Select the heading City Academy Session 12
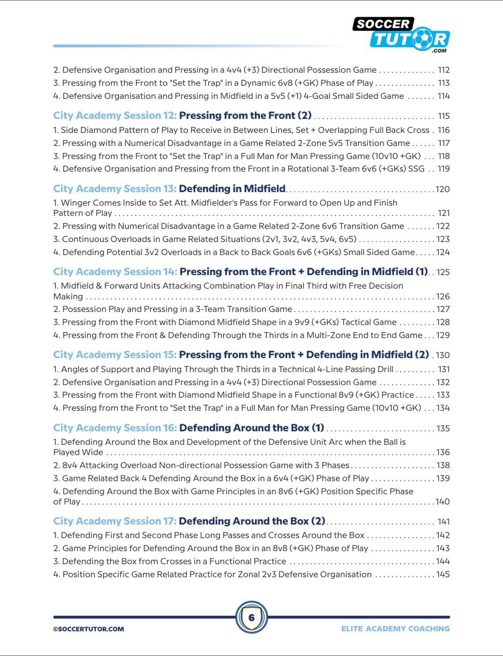tap(115, 116)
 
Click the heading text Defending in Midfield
tap(232, 189)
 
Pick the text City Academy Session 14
tap(115, 272)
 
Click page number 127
tap(443, 309)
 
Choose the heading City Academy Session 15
tap(115, 355)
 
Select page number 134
tap(443, 408)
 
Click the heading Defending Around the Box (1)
tap(251, 428)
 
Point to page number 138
tap(443, 465)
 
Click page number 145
tap(443, 575)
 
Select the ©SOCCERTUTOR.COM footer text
tap(89, 629)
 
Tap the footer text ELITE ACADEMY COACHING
tap(395, 629)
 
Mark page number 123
tap(443, 239)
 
